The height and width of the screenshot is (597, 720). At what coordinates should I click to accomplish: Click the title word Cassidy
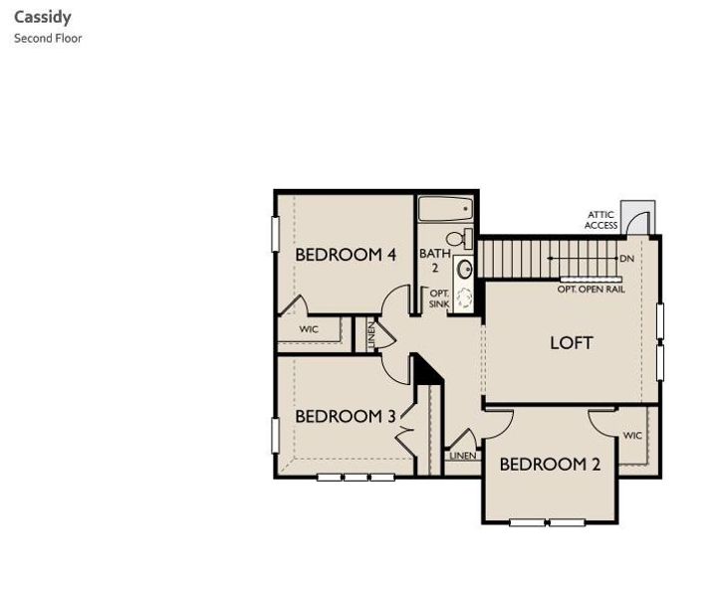pos(42,17)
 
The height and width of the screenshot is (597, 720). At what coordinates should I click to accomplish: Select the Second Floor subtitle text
pos(48,39)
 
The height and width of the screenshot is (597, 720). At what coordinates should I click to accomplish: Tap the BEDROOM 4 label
pos(346,255)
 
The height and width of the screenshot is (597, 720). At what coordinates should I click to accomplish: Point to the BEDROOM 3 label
pos(346,416)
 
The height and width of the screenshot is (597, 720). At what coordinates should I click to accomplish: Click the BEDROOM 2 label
pos(550,464)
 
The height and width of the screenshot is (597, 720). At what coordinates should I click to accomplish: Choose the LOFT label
pos(572,342)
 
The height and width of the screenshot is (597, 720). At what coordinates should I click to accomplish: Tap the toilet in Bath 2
pos(459,239)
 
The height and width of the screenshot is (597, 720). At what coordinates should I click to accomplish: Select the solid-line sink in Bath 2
pos(464,269)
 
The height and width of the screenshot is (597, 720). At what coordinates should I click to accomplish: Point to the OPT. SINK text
pos(439,298)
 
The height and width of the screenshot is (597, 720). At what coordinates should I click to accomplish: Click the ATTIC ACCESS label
pos(600,220)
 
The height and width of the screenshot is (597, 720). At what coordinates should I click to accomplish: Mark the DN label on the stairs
pos(626,259)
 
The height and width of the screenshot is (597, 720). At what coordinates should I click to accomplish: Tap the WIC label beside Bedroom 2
pos(633,436)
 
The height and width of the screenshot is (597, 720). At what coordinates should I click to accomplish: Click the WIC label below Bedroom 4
pos(309,328)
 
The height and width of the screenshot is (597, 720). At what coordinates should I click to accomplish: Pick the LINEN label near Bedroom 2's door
pos(461,456)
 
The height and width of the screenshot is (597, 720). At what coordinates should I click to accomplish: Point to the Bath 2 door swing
pos(398,299)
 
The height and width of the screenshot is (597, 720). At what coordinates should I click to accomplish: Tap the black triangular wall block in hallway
pos(426,369)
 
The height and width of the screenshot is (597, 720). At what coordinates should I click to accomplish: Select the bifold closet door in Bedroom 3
pos(404,434)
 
